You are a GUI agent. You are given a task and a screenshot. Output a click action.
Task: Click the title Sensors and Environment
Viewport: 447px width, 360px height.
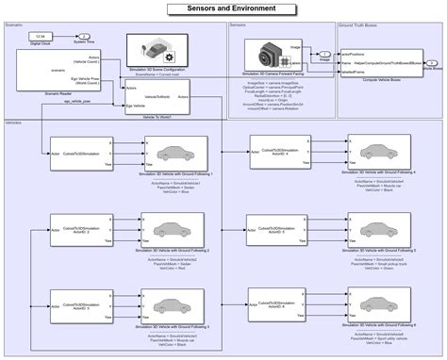pos(223,7)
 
